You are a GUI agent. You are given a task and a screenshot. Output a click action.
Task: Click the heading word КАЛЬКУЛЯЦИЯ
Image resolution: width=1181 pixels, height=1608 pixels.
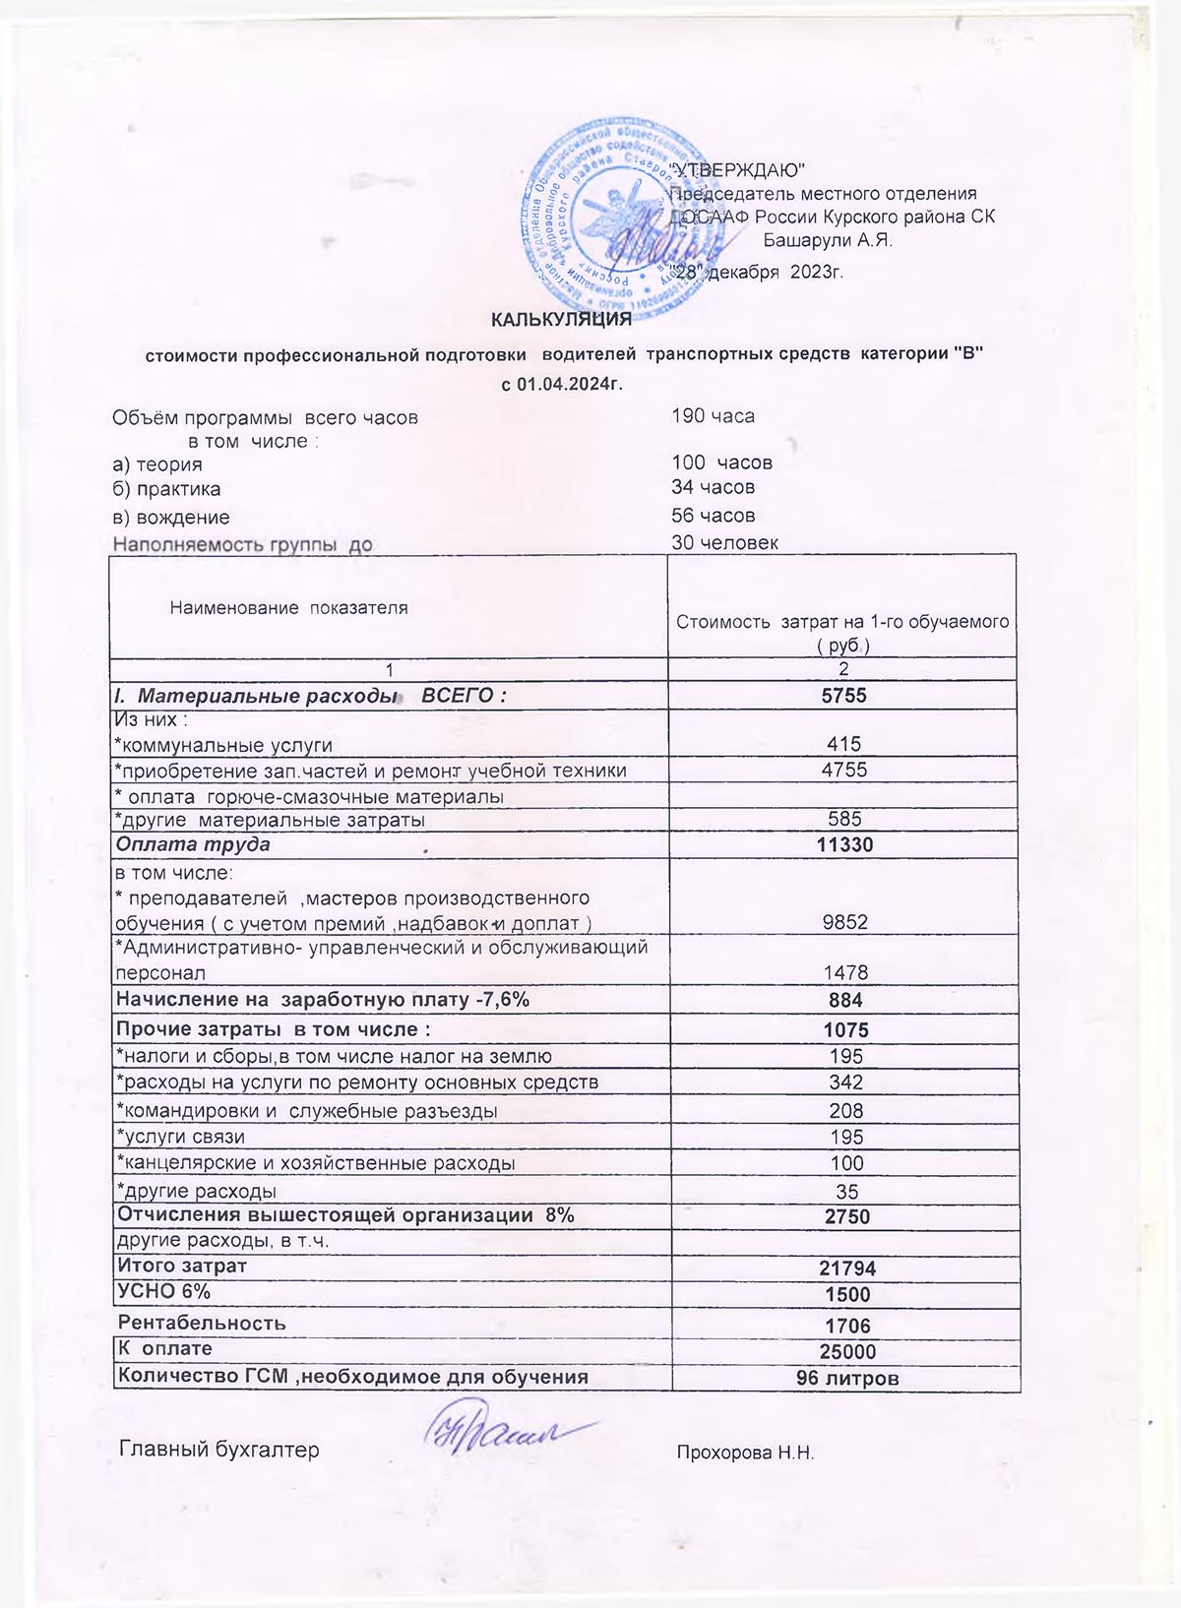[x=561, y=319]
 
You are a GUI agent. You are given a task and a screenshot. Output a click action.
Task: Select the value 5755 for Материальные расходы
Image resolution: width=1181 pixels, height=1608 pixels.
[x=843, y=696]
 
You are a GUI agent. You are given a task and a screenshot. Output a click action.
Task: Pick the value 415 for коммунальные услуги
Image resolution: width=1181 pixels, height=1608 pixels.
[x=843, y=745]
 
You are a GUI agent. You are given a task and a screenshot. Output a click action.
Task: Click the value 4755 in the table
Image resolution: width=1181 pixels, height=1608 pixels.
[x=843, y=770]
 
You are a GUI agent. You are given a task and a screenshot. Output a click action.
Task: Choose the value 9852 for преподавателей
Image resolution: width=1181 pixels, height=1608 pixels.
[x=844, y=922]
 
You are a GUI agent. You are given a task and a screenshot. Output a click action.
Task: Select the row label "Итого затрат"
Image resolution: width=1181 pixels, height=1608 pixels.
[x=182, y=1266]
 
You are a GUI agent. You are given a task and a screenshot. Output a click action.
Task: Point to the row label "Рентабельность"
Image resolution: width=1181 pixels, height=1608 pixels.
[x=202, y=1323]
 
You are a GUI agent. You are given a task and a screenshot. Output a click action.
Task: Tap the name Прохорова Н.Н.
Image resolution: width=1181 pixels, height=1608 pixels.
[x=745, y=1453]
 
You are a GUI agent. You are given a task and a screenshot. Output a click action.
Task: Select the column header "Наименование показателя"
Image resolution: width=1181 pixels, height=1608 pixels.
[x=288, y=608]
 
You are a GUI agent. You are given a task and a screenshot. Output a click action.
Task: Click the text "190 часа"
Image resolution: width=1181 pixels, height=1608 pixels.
[x=713, y=416]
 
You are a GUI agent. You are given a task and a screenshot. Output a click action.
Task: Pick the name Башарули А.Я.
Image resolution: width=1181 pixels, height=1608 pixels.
[x=828, y=240]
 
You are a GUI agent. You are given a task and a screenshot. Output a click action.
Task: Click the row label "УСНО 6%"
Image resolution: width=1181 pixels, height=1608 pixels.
[x=163, y=1291]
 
